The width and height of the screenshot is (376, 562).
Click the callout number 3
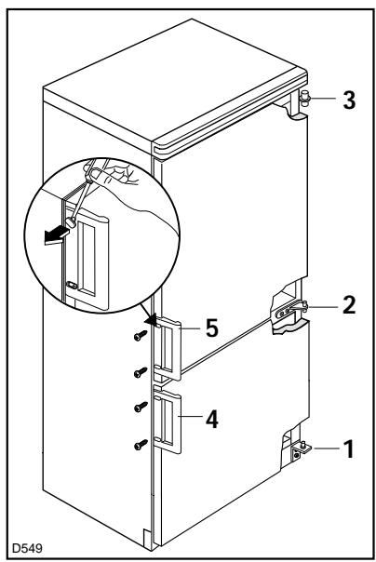pyautogui.click(x=349, y=100)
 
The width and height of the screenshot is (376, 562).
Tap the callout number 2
pyautogui.click(x=349, y=305)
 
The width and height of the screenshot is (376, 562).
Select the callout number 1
pyautogui.click(x=349, y=448)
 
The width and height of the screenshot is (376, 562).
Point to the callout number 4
pyautogui.click(x=212, y=420)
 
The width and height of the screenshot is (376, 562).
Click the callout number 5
pyautogui.click(x=212, y=328)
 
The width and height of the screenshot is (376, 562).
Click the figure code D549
pyautogui.click(x=28, y=548)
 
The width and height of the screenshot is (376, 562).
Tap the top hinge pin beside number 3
pyautogui.click(x=304, y=98)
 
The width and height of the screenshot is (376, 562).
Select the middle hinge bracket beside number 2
pyautogui.click(x=289, y=311)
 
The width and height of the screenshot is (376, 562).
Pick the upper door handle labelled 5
pyautogui.click(x=168, y=348)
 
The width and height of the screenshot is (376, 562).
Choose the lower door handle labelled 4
pyautogui.click(x=168, y=421)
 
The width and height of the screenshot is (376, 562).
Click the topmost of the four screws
pyautogui.click(x=141, y=336)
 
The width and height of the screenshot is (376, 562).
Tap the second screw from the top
pyautogui.click(x=141, y=372)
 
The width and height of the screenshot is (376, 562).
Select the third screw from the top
pyautogui.click(x=141, y=407)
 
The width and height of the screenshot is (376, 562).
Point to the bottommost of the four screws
pyautogui.click(x=141, y=445)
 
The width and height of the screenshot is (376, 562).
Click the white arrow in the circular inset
pyautogui.click(x=56, y=235)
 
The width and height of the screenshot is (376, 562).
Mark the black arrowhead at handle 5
pyautogui.click(x=154, y=320)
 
